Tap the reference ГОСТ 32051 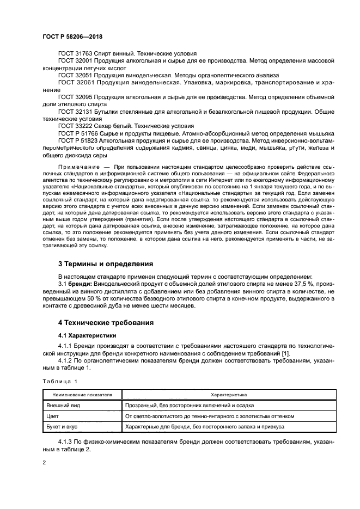pos(76,75)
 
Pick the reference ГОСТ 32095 pos(76,96)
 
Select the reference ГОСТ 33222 pos(76,125)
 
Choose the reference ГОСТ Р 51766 pos(80,132)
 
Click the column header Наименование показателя pos(82,394)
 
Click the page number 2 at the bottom pos(44,462)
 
